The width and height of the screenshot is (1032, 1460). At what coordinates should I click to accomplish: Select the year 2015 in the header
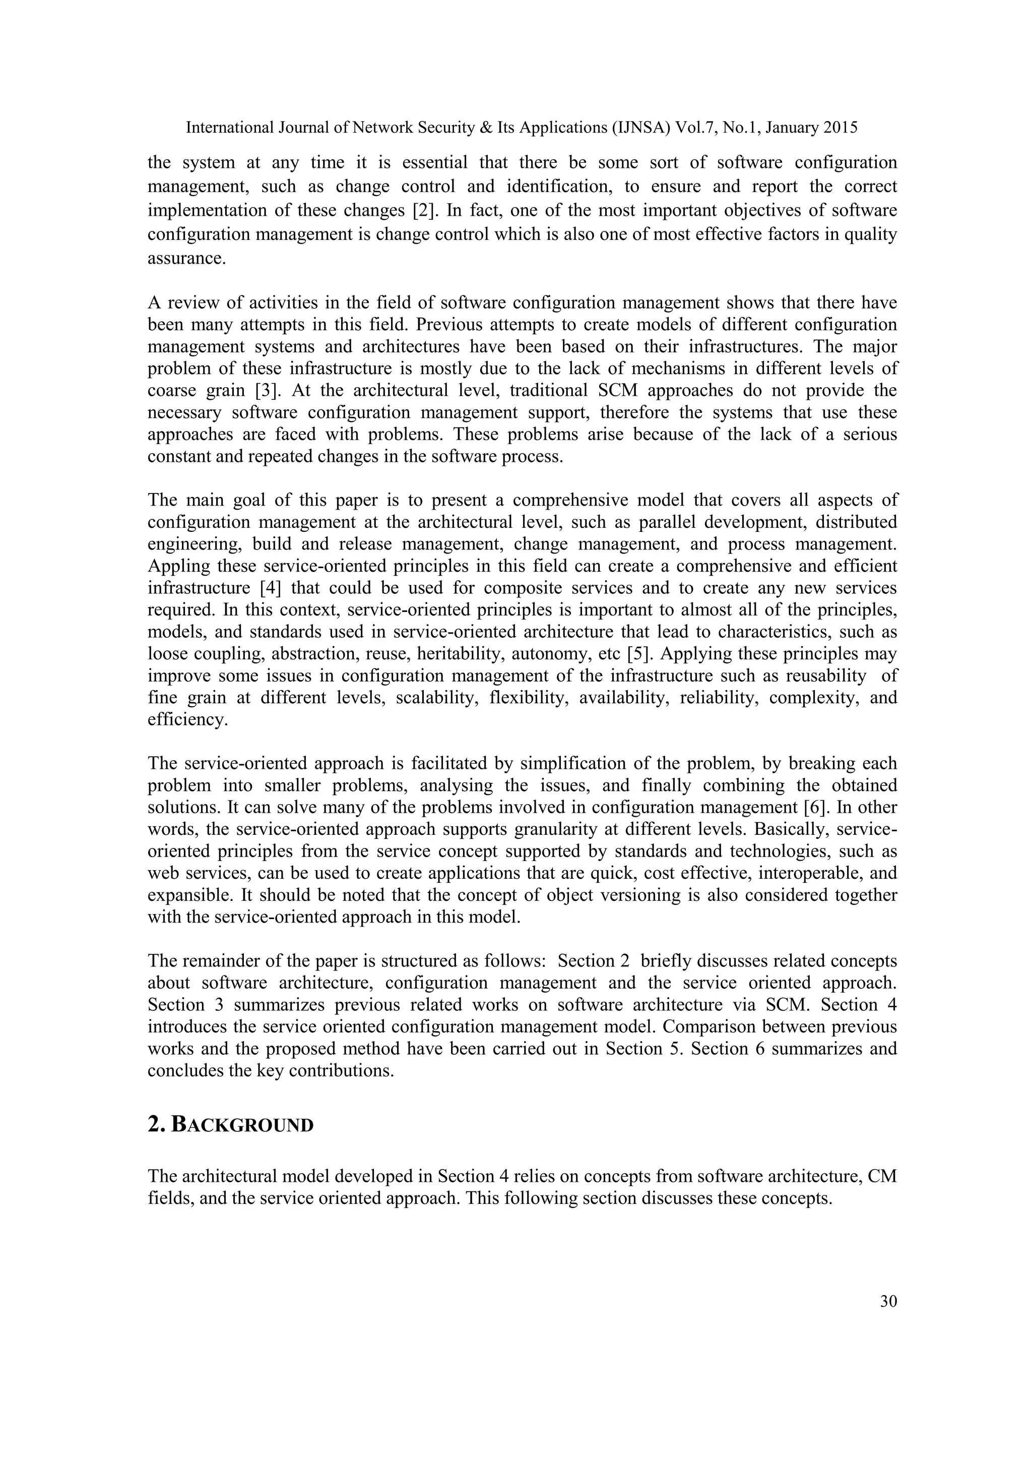pyautogui.click(x=840, y=128)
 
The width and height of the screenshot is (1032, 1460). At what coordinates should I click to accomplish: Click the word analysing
pyautogui.click(x=456, y=785)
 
